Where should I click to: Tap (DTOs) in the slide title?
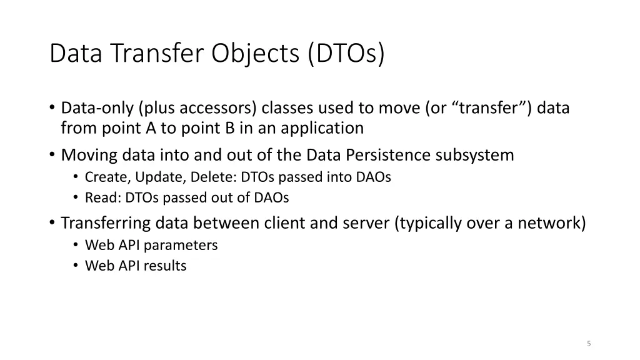(x=346, y=54)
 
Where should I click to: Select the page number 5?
(x=589, y=343)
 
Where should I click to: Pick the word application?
(x=322, y=129)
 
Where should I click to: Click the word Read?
(x=98, y=197)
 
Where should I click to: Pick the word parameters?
(x=181, y=245)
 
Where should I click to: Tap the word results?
(x=165, y=266)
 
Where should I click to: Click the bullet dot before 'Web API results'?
(x=75, y=266)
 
